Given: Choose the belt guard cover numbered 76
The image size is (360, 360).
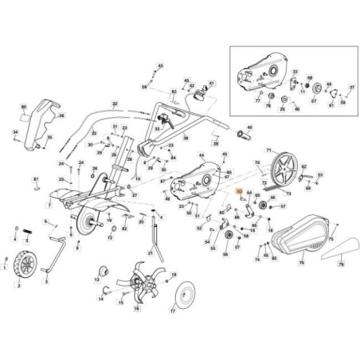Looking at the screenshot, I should point(303,232).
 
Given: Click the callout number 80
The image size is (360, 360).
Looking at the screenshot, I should point(24,107).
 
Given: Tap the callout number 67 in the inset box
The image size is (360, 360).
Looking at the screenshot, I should point(313,101).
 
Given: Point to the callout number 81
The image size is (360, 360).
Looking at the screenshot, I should point(35,180).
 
